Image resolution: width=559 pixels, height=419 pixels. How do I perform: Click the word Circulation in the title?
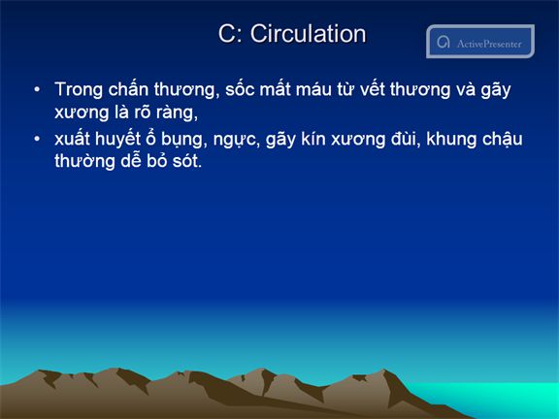pos(308,34)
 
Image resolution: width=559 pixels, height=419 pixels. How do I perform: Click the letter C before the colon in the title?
pos(226,34)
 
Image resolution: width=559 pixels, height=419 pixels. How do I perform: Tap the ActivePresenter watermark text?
pos(489,44)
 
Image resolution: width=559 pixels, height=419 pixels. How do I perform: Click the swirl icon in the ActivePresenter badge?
pos(444,42)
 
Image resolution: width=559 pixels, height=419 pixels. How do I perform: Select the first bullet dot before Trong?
pos(37,89)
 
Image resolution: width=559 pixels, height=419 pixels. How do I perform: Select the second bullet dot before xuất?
pos(37,139)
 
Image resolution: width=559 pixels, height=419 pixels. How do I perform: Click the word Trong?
pos(80,90)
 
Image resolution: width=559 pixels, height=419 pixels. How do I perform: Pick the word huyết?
pos(118,139)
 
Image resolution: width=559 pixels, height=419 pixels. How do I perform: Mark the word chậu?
pos(503,140)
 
